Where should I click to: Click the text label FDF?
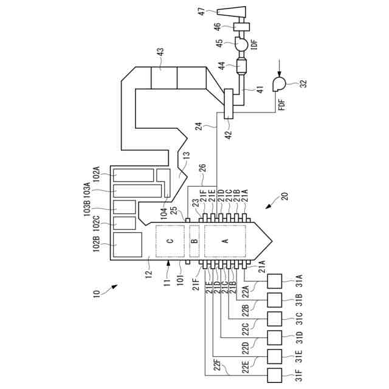[x=281, y=112]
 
